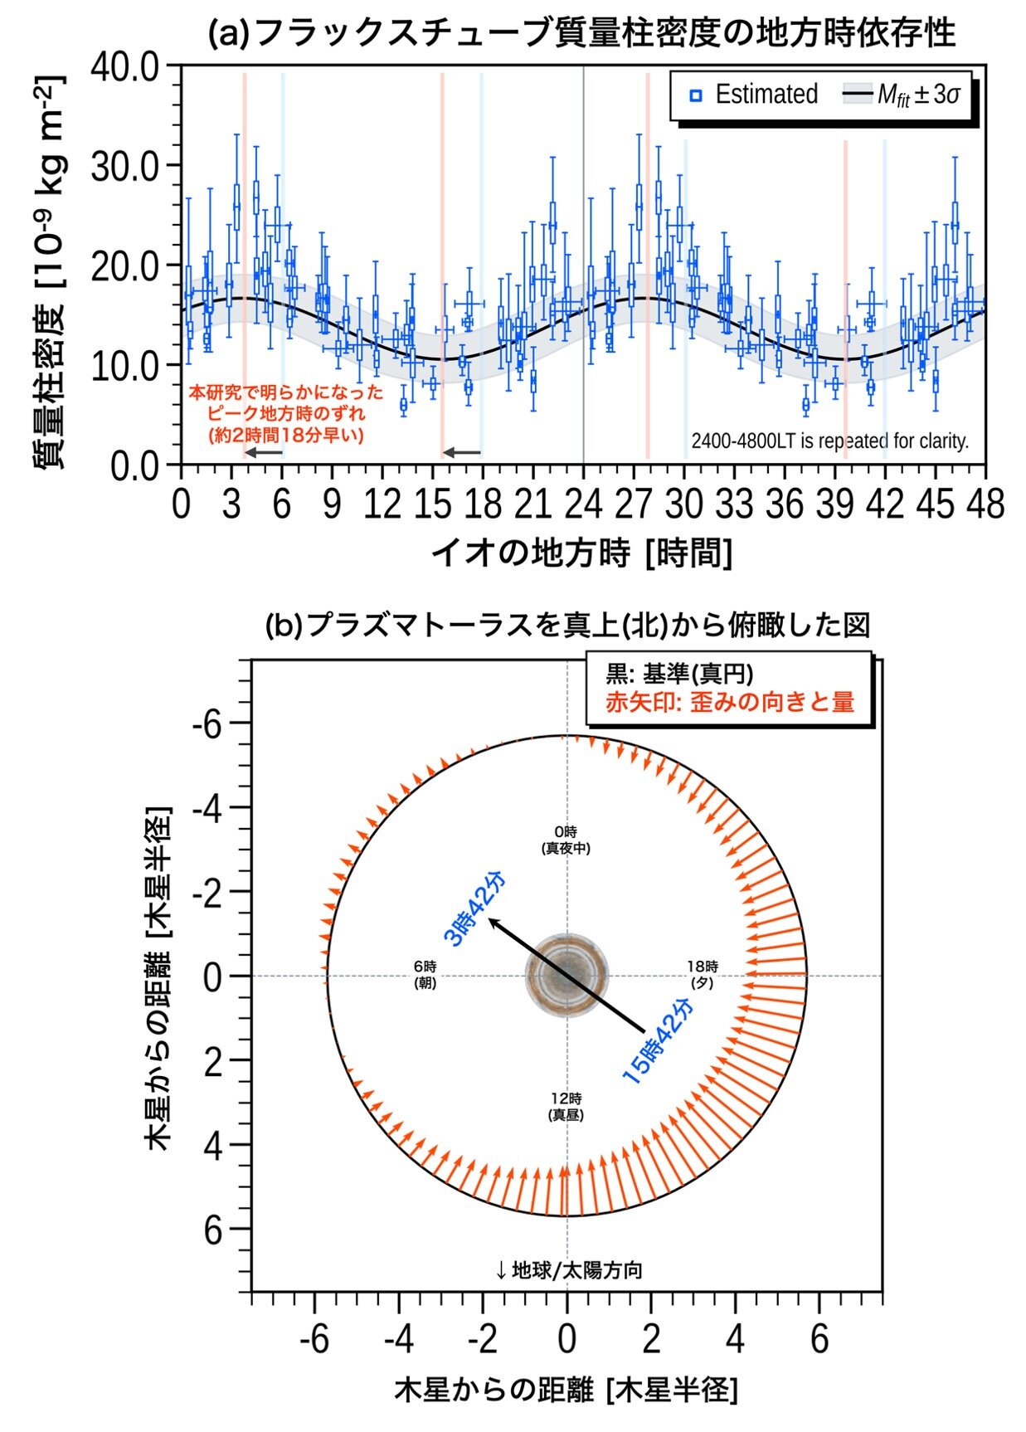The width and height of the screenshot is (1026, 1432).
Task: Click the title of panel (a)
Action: click(x=581, y=33)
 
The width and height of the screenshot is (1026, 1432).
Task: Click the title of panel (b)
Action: click(x=566, y=625)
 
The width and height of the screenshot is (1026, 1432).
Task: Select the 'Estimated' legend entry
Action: click(x=755, y=95)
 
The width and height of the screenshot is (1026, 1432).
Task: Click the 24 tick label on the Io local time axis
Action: click(x=583, y=504)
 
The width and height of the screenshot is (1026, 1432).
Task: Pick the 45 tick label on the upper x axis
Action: click(x=936, y=504)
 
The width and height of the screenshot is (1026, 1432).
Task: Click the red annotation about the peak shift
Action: click(x=286, y=412)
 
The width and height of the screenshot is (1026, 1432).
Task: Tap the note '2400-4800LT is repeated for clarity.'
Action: click(x=829, y=441)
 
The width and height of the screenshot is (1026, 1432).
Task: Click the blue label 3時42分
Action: click(x=474, y=910)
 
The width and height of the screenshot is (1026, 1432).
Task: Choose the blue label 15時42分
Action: click(x=659, y=1041)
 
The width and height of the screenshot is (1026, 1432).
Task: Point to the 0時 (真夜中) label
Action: click(x=566, y=840)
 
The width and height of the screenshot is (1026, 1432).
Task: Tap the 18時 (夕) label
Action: click(x=703, y=974)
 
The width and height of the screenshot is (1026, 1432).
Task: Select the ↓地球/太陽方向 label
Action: click(x=569, y=1269)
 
